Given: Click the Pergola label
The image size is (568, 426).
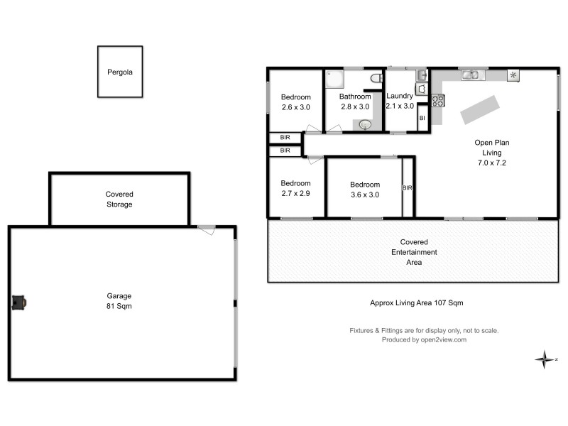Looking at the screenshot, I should coord(120,72).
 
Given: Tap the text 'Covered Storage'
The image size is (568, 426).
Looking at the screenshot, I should coord(119,199).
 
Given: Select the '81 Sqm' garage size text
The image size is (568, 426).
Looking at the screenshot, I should coord(120,307).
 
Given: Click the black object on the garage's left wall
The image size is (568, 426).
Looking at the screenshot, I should coord(19,302).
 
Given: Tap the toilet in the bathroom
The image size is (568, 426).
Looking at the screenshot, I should coord(377,78).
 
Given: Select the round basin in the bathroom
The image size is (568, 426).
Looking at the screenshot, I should coord(365,125).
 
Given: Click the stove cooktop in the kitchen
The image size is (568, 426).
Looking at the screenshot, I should coord(438,101).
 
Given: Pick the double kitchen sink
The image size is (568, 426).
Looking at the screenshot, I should coord(471,74).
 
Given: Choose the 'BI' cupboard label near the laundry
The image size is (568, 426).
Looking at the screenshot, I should coord(422,118).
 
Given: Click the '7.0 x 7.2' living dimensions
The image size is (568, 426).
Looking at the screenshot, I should coord(492,163).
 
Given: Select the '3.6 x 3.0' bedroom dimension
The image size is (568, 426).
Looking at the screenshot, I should coord(364,195).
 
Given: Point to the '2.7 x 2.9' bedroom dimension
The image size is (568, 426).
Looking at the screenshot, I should coord(295,192).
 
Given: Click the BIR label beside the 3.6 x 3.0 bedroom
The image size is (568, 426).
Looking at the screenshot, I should coord(408,187).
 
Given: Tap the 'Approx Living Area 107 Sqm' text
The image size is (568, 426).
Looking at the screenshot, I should coord(417,302).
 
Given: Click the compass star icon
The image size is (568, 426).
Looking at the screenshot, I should coord(544,359).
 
